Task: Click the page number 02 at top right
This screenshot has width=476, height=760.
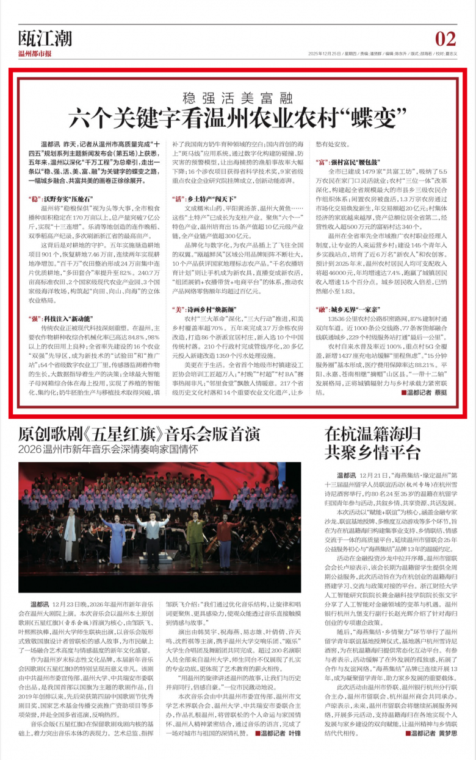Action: pyautogui.click(x=446, y=39)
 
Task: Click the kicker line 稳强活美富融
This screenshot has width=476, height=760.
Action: pyautogui.click(x=238, y=96)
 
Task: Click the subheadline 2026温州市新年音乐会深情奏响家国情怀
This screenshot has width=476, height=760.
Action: pyautogui.click(x=109, y=450)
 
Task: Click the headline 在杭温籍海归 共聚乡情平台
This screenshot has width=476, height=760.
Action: pyautogui.click(x=373, y=443)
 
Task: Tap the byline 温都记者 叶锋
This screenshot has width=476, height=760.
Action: pyautogui.click(x=284, y=751)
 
